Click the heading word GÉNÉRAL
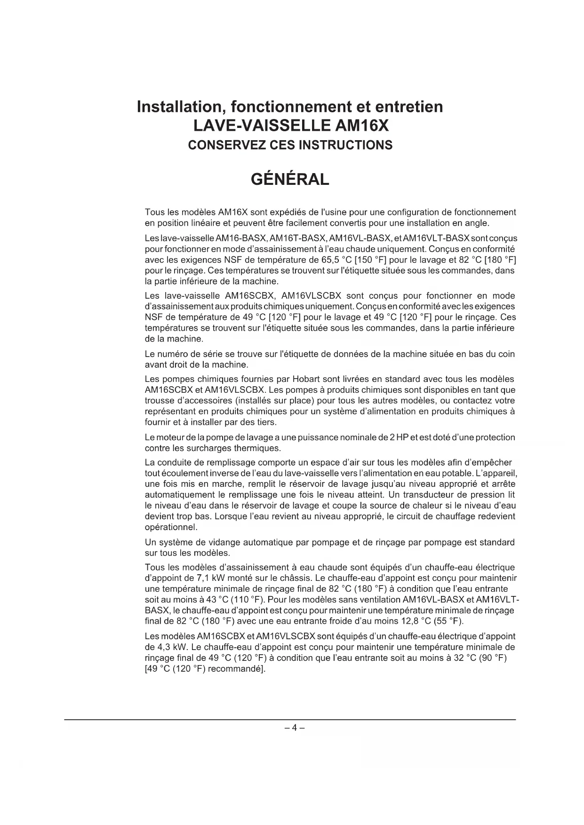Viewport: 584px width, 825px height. click(290, 179)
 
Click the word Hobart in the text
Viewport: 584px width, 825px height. click(306, 379)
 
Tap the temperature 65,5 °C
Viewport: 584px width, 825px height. click(336, 260)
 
